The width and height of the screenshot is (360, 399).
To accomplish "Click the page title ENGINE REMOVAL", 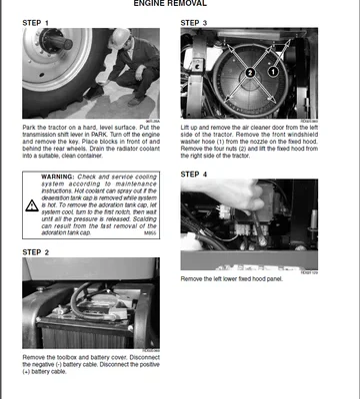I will [180, 4].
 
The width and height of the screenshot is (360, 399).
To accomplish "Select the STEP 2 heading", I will [40, 252].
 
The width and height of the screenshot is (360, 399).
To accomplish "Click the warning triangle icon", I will [34, 178].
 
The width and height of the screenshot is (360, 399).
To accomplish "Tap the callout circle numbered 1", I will [271, 72].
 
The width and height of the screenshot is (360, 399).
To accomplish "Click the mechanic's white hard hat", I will [119, 37].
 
